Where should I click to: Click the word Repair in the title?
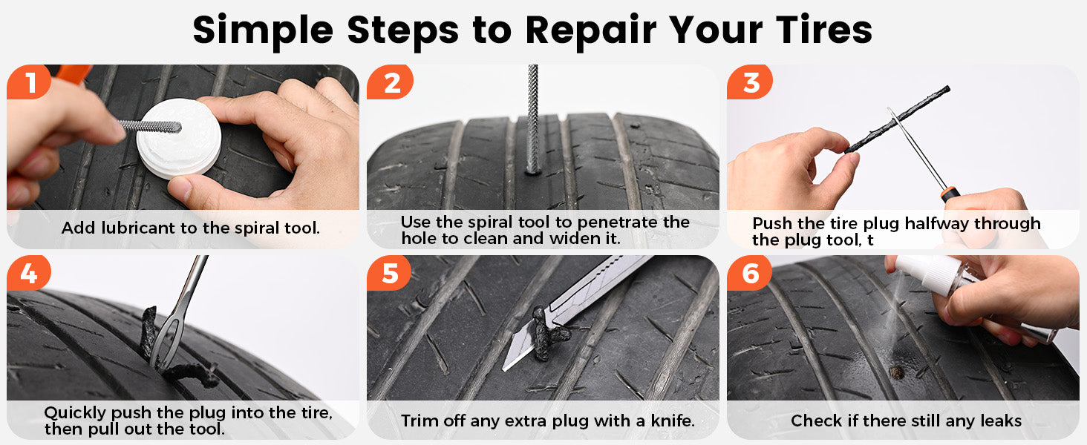pos(590,31)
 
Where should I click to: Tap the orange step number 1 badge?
pos(29,82)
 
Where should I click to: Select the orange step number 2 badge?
pos(390,82)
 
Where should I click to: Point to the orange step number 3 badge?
pos(750,82)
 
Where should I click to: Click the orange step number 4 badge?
pos(29,273)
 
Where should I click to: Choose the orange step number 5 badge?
pos(389,273)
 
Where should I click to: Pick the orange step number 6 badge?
pos(749,273)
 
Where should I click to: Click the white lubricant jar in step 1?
pos(179,138)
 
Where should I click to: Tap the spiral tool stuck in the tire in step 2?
pos(533,119)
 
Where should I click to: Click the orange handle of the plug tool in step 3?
pos(950,194)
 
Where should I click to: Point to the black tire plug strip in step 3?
pos(898,119)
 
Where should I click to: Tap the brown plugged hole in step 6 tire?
pos(896,372)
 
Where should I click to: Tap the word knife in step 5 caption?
pos(673,421)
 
